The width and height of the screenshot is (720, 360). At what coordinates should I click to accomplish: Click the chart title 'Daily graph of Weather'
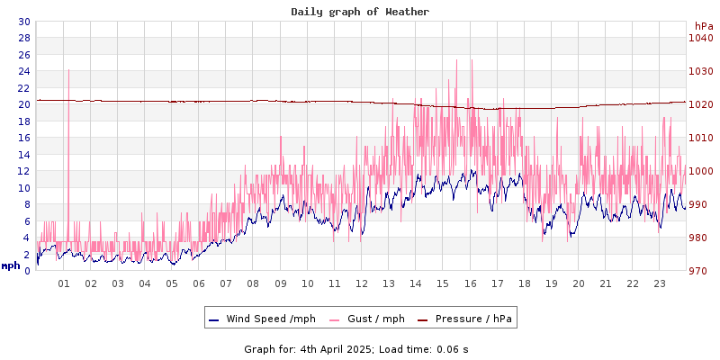[x=360, y=12]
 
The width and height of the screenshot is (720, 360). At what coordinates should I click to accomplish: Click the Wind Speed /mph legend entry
[x=262, y=319]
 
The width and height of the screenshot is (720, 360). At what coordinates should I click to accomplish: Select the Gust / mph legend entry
[x=367, y=319]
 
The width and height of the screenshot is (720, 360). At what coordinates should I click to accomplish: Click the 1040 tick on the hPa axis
[x=700, y=38]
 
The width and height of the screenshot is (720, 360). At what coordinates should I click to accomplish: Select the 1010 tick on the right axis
[x=700, y=138]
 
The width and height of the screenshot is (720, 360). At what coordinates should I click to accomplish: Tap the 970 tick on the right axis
[x=700, y=271]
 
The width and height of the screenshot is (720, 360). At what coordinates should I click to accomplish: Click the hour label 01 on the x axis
[x=64, y=283]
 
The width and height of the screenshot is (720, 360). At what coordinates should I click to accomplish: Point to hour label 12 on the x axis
[x=362, y=283]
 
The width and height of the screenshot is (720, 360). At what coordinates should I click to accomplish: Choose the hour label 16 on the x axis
[x=470, y=283]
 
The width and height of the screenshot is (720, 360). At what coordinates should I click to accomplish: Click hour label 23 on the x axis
[x=659, y=283]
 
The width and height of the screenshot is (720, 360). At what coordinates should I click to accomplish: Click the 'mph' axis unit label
[x=11, y=265]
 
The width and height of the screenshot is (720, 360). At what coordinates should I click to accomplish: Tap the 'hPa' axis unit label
[x=703, y=26]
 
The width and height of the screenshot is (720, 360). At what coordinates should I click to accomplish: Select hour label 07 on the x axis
[x=226, y=283]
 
